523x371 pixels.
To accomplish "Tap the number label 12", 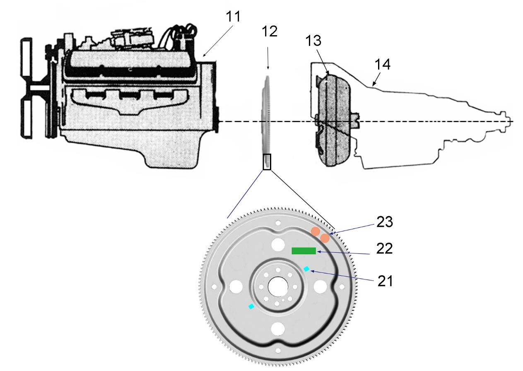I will click(x=270, y=31).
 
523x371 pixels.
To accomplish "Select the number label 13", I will click(x=313, y=41).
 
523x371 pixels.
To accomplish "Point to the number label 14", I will click(x=383, y=64).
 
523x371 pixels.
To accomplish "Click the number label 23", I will click(x=384, y=222).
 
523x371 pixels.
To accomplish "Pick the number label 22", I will click(x=384, y=248).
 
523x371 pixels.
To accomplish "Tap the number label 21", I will click(x=385, y=281).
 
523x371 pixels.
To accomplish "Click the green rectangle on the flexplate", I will click(x=304, y=251).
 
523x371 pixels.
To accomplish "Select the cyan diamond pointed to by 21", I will click(x=306, y=269).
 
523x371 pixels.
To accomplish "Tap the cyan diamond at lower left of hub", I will click(x=251, y=306).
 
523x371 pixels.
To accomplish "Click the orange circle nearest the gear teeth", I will click(x=325, y=238).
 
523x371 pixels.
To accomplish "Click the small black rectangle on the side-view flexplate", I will click(x=267, y=162).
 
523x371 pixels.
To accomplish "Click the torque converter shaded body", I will click(x=333, y=120).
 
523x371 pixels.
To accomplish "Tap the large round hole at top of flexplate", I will click(x=278, y=245).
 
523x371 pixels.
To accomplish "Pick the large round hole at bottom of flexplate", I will click(x=278, y=329).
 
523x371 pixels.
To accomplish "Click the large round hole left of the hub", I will click(x=236, y=287).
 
